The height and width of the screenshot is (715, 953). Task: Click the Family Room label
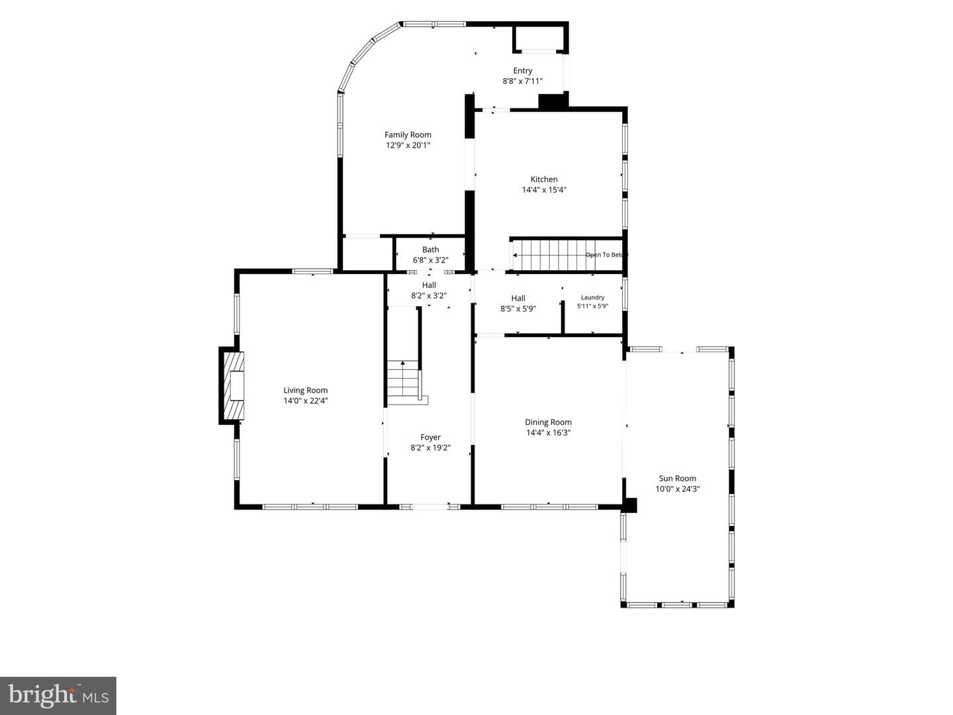click(x=408, y=135)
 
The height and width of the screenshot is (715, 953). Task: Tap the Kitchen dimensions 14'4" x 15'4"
click(x=544, y=190)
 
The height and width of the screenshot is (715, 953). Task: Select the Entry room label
click(x=523, y=71)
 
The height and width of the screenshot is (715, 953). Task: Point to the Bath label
click(x=430, y=250)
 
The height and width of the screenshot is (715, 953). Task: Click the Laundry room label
click(x=592, y=297)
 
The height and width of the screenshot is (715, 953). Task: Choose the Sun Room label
click(x=677, y=479)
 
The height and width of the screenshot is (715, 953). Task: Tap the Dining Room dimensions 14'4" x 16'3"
click(x=549, y=433)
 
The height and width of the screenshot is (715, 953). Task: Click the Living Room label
click(x=306, y=391)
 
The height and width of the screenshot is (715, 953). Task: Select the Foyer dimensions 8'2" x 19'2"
click(x=430, y=448)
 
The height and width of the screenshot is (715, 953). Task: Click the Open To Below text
click(x=606, y=255)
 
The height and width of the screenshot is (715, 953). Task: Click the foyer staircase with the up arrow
click(x=404, y=382)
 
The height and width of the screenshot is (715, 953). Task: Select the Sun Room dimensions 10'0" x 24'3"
click(x=677, y=489)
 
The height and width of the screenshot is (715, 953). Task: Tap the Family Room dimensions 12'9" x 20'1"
click(x=408, y=146)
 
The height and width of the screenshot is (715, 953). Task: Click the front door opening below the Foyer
click(x=430, y=506)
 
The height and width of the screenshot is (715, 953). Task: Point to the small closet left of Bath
click(x=368, y=254)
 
